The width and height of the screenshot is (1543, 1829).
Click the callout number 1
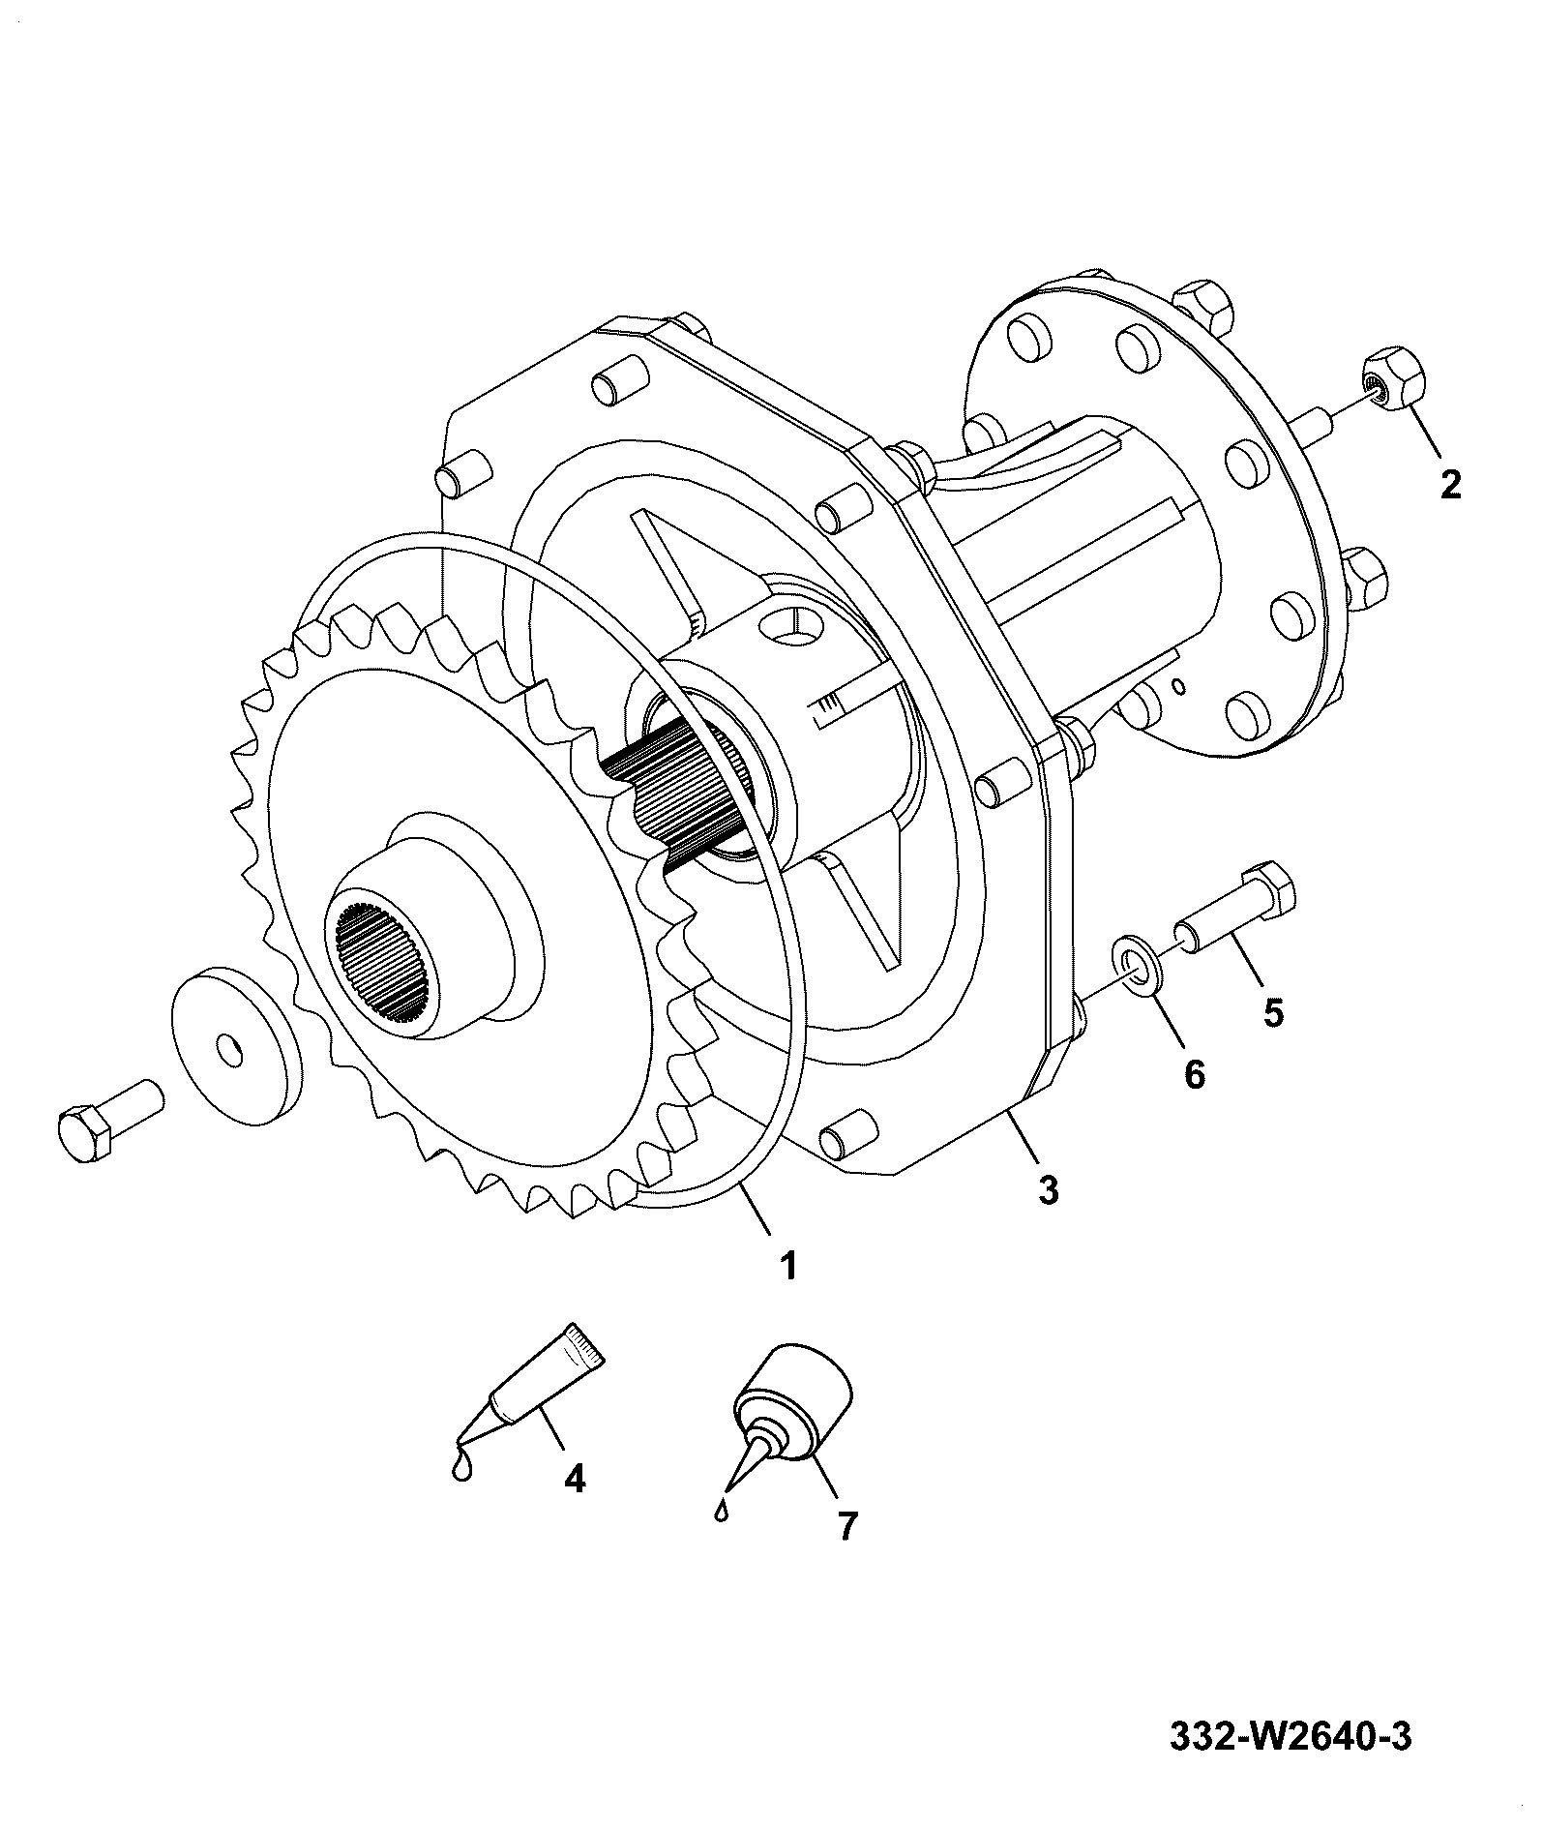click(788, 1265)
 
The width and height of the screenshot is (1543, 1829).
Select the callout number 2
click(1450, 484)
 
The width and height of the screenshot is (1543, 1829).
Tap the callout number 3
click(1049, 1189)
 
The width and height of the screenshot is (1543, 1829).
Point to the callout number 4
click(575, 1505)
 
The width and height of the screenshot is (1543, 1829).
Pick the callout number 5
click(1273, 1012)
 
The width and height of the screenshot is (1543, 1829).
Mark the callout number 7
click(846, 1552)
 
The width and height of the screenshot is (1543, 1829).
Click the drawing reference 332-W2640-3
click(1291, 1736)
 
